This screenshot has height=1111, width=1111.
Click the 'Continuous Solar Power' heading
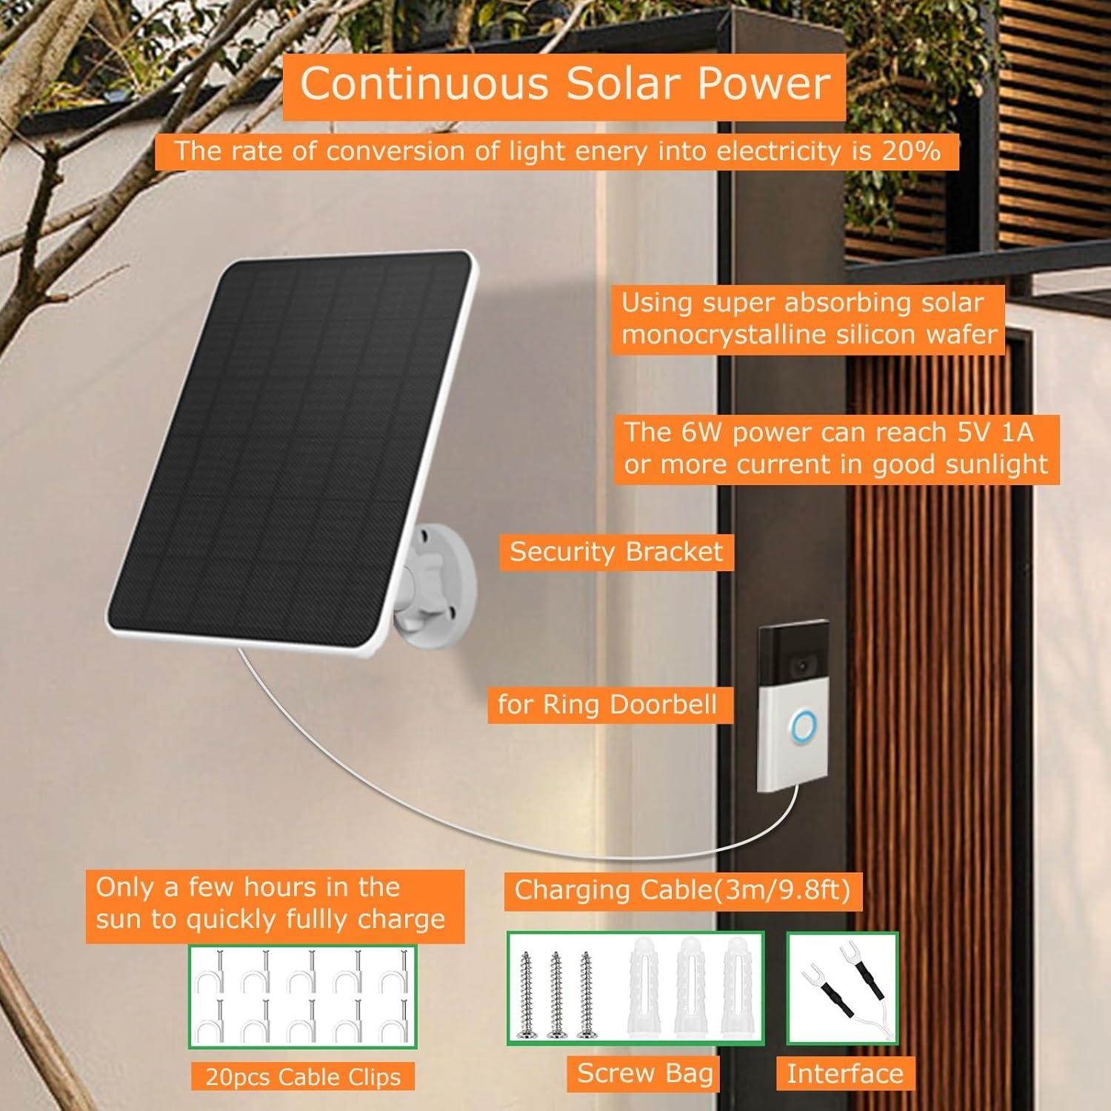point(564,83)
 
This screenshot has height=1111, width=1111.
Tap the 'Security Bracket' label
point(616,552)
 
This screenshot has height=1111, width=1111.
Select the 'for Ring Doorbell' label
point(607,704)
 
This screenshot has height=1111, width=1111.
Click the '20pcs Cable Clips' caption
point(303,1077)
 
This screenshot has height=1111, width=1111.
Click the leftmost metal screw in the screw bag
point(527,992)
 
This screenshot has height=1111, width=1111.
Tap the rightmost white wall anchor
point(735,989)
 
